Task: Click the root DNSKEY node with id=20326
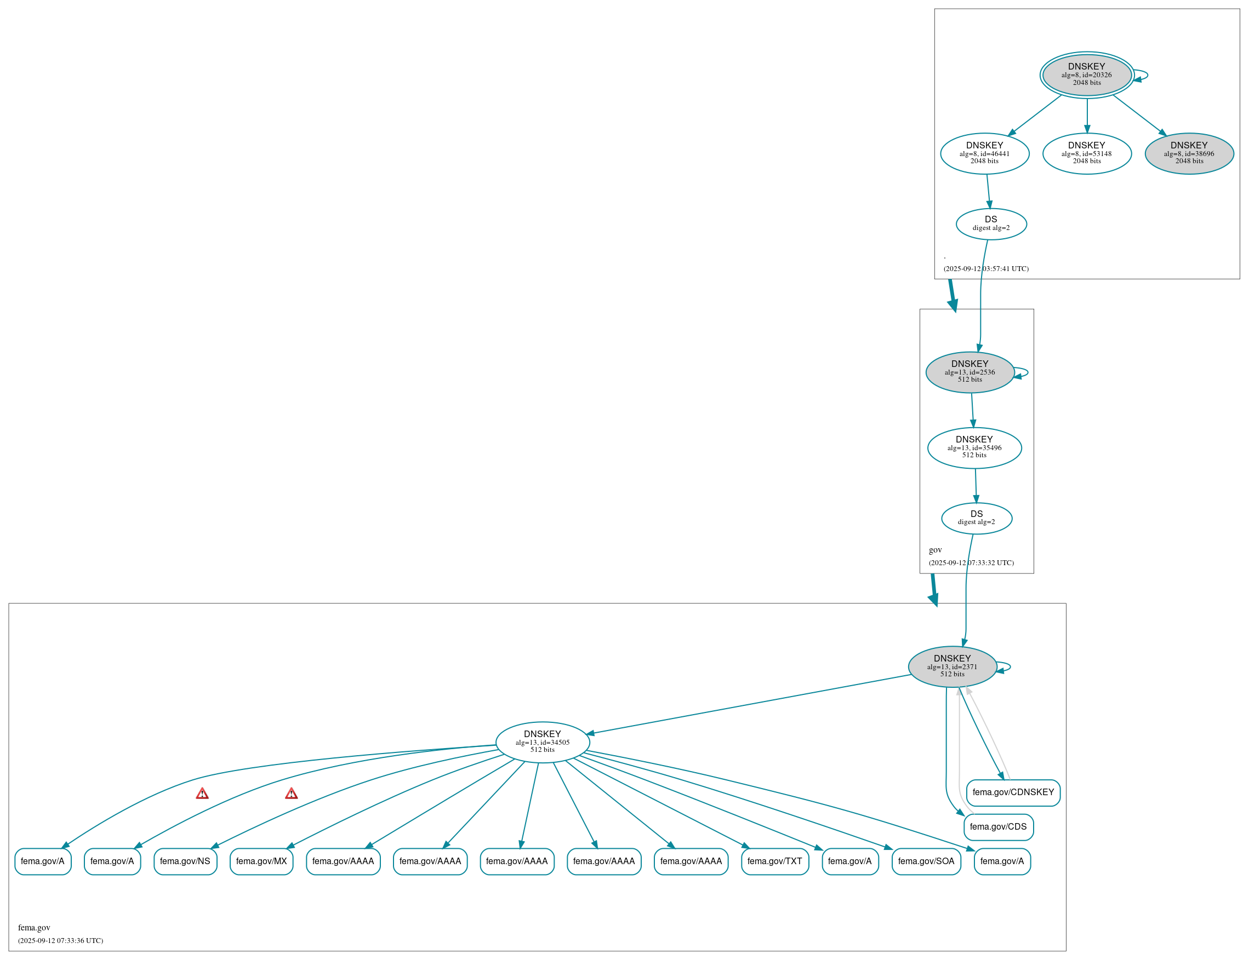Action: click(x=1086, y=75)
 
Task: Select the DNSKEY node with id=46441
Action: click(x=984, y=153)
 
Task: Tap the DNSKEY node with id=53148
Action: click(x=1087, y=153)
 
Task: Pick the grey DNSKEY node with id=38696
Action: click(x=1189, y=153)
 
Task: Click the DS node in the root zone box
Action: click(x=991, y=224)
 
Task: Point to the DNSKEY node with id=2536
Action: click(x=969, y=372)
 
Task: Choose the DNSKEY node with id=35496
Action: click(x=974, y=448)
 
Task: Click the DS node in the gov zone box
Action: click(x=976, y=518)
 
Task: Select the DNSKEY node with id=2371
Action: click(x=952, y=666)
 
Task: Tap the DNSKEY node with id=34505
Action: click(x=542, y=741)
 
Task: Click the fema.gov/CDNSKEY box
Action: click(x=1013, y=792)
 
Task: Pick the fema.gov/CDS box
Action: click(x=998, y=827)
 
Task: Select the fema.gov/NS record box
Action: click(x=185, y=861)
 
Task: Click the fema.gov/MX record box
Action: click(x=261, y=861)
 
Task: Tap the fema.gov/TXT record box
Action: click(x=774, y=861)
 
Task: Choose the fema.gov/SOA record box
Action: click(x=926, y=861)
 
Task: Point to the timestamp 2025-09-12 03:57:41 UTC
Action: click(x=986, y=268)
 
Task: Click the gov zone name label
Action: click(x=935, y=550)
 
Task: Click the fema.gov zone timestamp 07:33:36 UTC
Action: click(x=61, y=941)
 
